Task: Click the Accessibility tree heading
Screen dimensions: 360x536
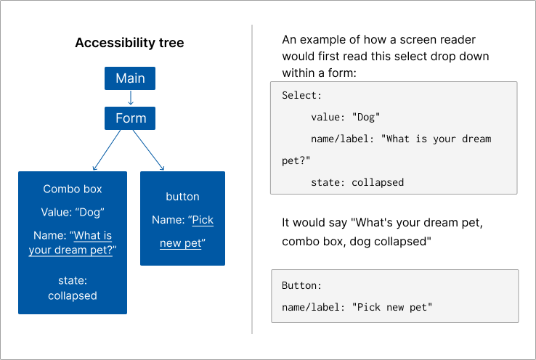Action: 129,43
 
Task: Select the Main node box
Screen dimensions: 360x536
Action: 130,78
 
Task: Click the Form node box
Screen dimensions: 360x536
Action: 130,118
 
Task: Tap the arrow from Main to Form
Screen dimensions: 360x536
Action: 130,98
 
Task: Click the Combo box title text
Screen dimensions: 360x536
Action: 73,189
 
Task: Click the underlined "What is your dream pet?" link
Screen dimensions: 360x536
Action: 73,242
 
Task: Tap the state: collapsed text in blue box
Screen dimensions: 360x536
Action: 73,287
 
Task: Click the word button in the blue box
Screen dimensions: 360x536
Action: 182,197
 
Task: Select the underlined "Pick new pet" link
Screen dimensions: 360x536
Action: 182,232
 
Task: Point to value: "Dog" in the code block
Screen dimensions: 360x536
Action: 346,117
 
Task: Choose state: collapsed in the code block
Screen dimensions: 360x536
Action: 357,182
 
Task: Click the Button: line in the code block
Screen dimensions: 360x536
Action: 301,285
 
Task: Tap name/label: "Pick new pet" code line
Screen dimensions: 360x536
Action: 357,307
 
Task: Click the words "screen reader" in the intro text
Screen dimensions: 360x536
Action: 444,39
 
